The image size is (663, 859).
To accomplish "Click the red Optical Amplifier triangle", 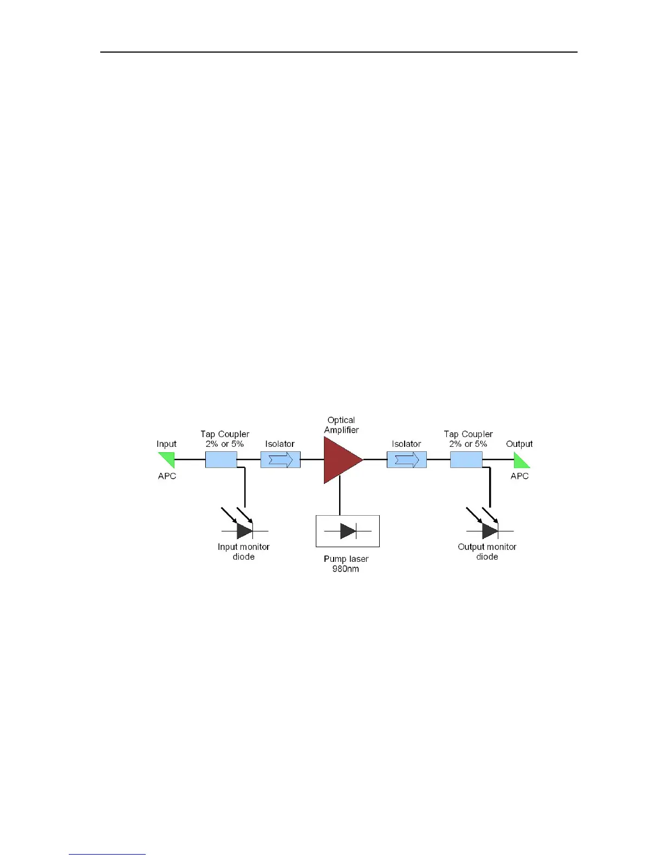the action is pos(340,460).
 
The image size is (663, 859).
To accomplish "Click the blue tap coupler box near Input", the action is pos(221,460).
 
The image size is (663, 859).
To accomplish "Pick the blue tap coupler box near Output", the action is pos(466,460).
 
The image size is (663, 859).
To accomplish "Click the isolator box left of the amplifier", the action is pos(281,460).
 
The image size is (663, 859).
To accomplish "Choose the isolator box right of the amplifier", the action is pos(407,460).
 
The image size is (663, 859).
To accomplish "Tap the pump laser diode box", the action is pos(348,531).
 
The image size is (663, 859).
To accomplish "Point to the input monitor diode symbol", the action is pos(244,530).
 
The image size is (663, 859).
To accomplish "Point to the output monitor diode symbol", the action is pos(490,530).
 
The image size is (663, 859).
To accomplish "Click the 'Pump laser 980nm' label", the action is pos(346,564).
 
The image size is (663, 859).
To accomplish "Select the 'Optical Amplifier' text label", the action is pos(341,425).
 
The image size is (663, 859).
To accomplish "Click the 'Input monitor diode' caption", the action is pos(244,552).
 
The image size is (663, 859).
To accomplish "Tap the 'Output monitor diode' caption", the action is pos(487,552).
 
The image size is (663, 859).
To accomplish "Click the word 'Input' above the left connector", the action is pos(166,444).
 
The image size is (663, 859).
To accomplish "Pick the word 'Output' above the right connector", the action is pos(519,444).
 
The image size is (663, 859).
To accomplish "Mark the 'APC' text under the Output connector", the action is pos(519,476).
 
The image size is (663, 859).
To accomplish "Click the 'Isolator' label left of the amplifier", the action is pos(280,444).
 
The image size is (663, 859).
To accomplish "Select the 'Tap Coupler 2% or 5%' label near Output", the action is pos(468,439).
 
